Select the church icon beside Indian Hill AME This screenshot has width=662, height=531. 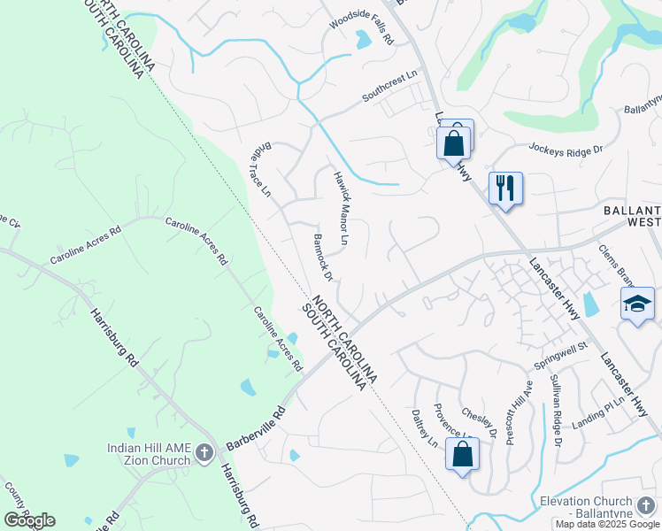coord(204,454)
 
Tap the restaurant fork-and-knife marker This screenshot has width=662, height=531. coord(505,188)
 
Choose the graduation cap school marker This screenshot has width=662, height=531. coord(637,304)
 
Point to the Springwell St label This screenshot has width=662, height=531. coord(561,356)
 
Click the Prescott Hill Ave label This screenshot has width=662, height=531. coord(520,412)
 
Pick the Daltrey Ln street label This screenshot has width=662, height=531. coord(425,427)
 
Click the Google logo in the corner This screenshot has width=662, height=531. coord(30,520)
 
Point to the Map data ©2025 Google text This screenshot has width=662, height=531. coord(607,524)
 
